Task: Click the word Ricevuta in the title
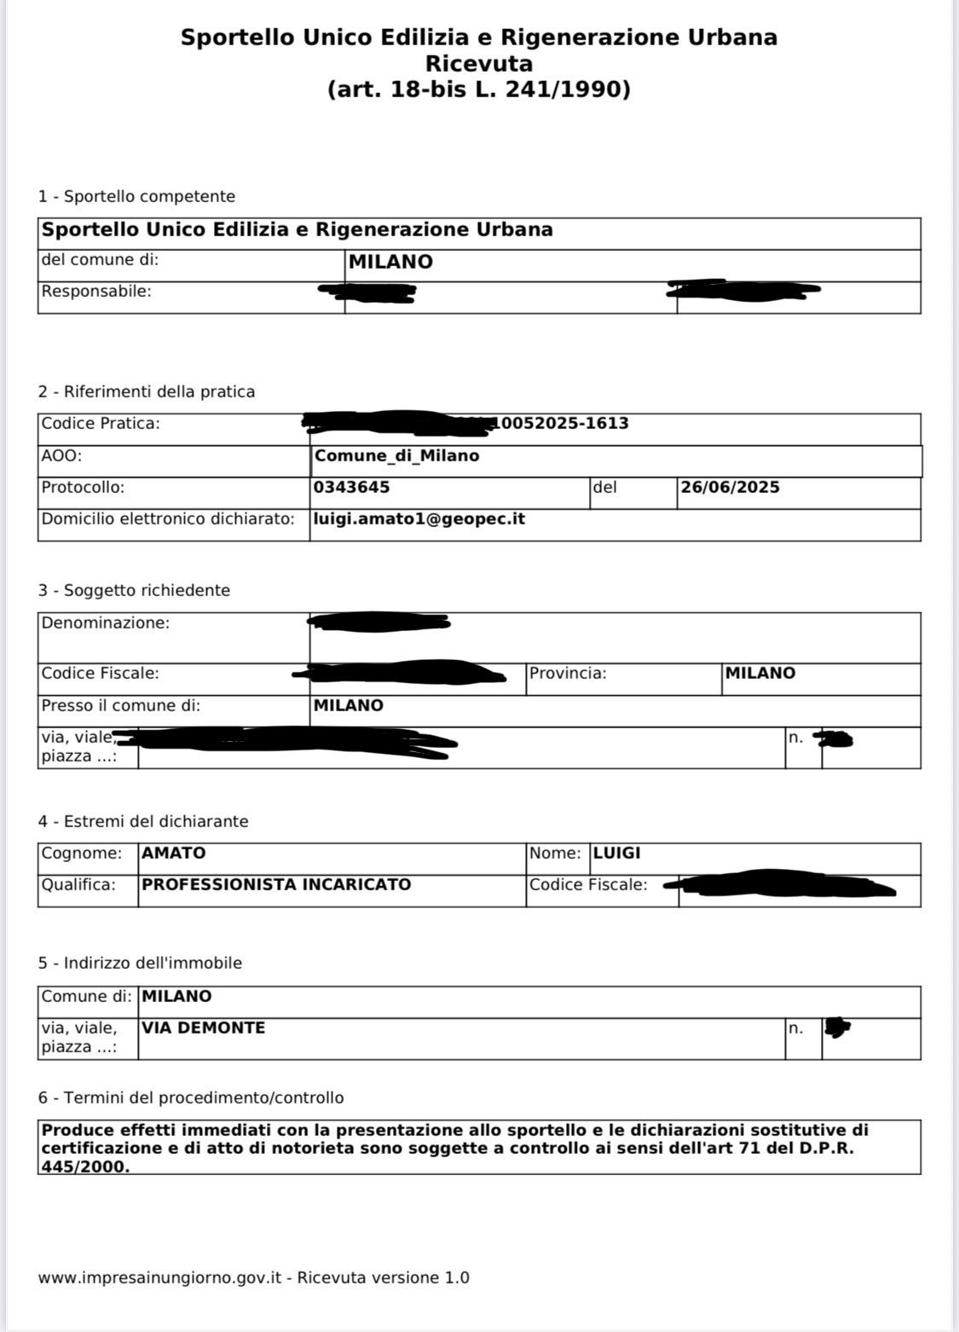click(x=478, y=64)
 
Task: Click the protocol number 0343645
click(x=352, y=488)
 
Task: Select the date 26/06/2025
click(x=730, y=488)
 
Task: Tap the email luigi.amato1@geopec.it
click(x=419, y=519)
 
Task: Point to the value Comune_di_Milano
click(x=396, y=456)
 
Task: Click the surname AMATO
click(x=174, y=854)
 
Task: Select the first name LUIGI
click(x=616, y=854)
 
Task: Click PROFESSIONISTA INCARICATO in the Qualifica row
click(x=276, y=885)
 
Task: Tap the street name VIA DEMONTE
click(x=204, y=1028)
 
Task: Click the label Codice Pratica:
click(x=101, y=424)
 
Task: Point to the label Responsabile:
click(x=96, y=292)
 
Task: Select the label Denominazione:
click(x=106, y=623)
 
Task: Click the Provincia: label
click(x=568, y=674)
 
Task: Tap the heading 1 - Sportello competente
click(x=136, y=197)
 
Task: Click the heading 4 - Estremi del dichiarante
click(x=143, y=822)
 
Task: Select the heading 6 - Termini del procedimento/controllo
click(x=191, y=1098)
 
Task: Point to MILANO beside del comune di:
click(x=390, y=263)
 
